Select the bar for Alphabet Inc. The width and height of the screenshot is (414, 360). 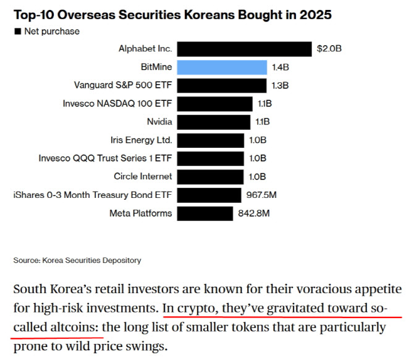tap(245, 49)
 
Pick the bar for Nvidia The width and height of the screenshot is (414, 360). tap(214, 122)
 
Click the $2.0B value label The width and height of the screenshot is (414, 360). tap(329, 49)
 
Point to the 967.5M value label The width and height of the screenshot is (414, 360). tap(261, 195)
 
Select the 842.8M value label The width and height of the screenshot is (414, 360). tap(254, 213)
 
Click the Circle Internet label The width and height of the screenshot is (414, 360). tap(143, 177)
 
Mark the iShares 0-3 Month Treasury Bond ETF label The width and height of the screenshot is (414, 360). tap(93, 195)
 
